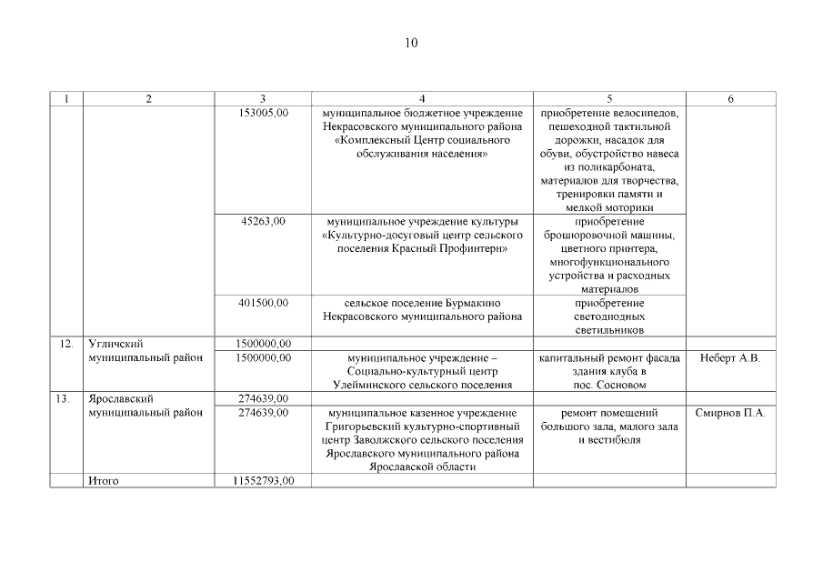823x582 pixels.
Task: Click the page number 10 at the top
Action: tap(411, 43)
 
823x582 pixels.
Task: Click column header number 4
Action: tap(422, 98)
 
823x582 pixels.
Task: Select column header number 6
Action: tap(730, 98)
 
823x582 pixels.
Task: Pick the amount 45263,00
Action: tap(264, 221)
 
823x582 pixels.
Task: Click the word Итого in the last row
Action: tap(104, 480)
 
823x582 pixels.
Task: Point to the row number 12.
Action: tap(65, 344)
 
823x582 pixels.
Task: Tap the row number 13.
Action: tap(65, 398)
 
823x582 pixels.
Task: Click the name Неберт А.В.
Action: tap(730, 357)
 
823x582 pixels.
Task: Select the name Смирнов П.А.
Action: tap(730, 412)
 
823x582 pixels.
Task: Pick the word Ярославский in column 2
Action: tap(115, 398)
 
